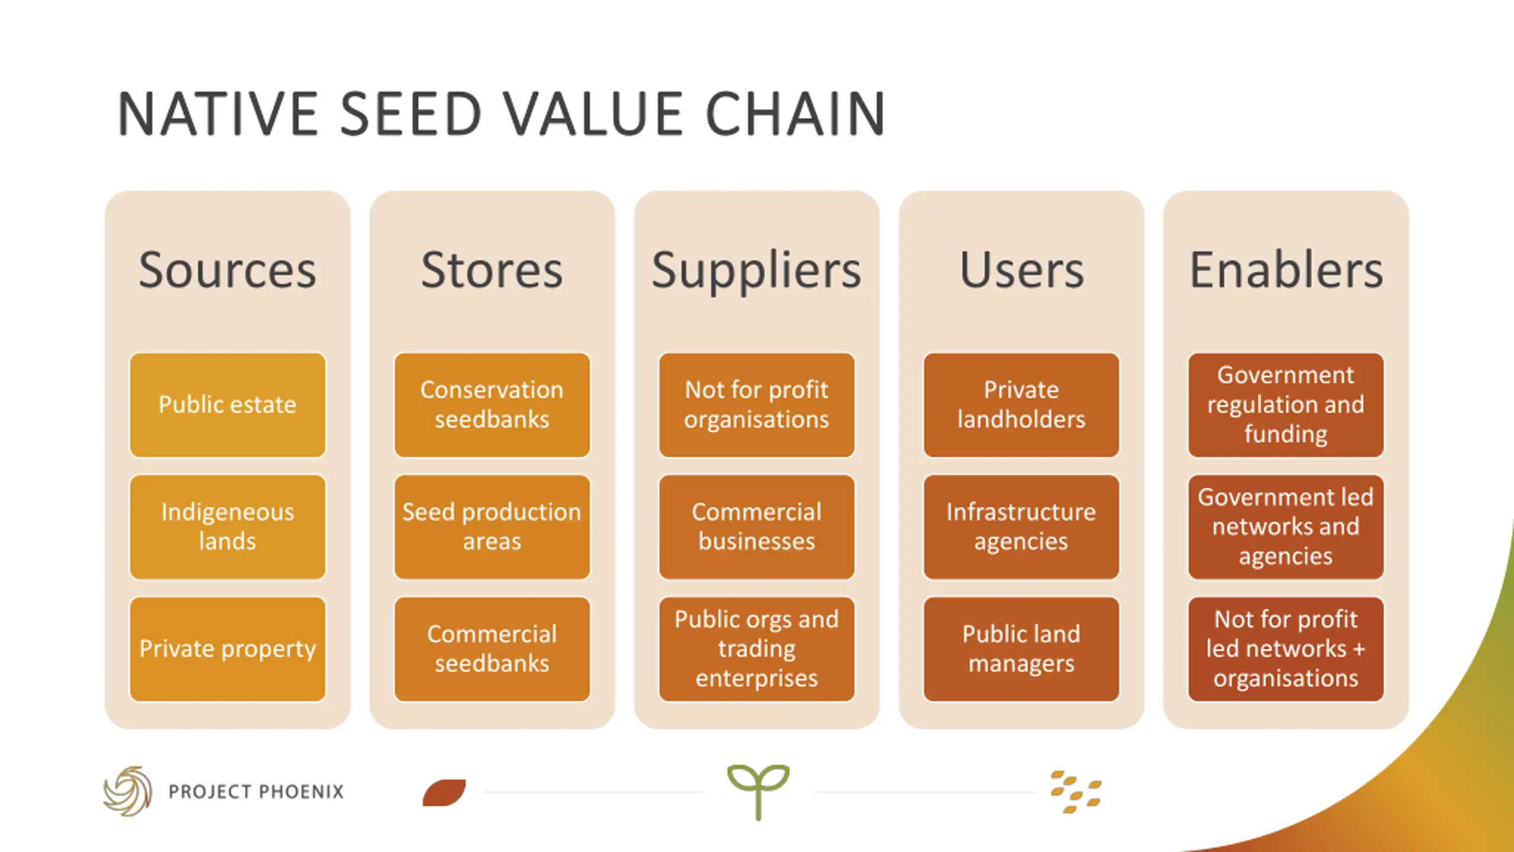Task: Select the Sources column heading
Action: [228, 270]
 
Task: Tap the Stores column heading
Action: [492, 270]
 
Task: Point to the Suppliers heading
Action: [756, 271]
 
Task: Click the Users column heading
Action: [1021, 270]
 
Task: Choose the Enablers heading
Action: [1286, 270]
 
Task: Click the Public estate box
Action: [228, 405]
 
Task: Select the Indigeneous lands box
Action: [228, 527]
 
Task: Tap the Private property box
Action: [228, 649]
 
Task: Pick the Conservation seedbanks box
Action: [492, 405]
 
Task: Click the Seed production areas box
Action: [492, 527]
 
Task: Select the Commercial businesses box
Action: [756, 527]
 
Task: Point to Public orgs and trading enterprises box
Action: [756, 649]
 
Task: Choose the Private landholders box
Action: [1021, 405]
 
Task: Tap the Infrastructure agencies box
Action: [1021, 527]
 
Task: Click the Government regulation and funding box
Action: [1286, 405]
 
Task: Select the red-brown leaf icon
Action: [444, 792]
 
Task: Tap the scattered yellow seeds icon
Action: [1076, 792]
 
